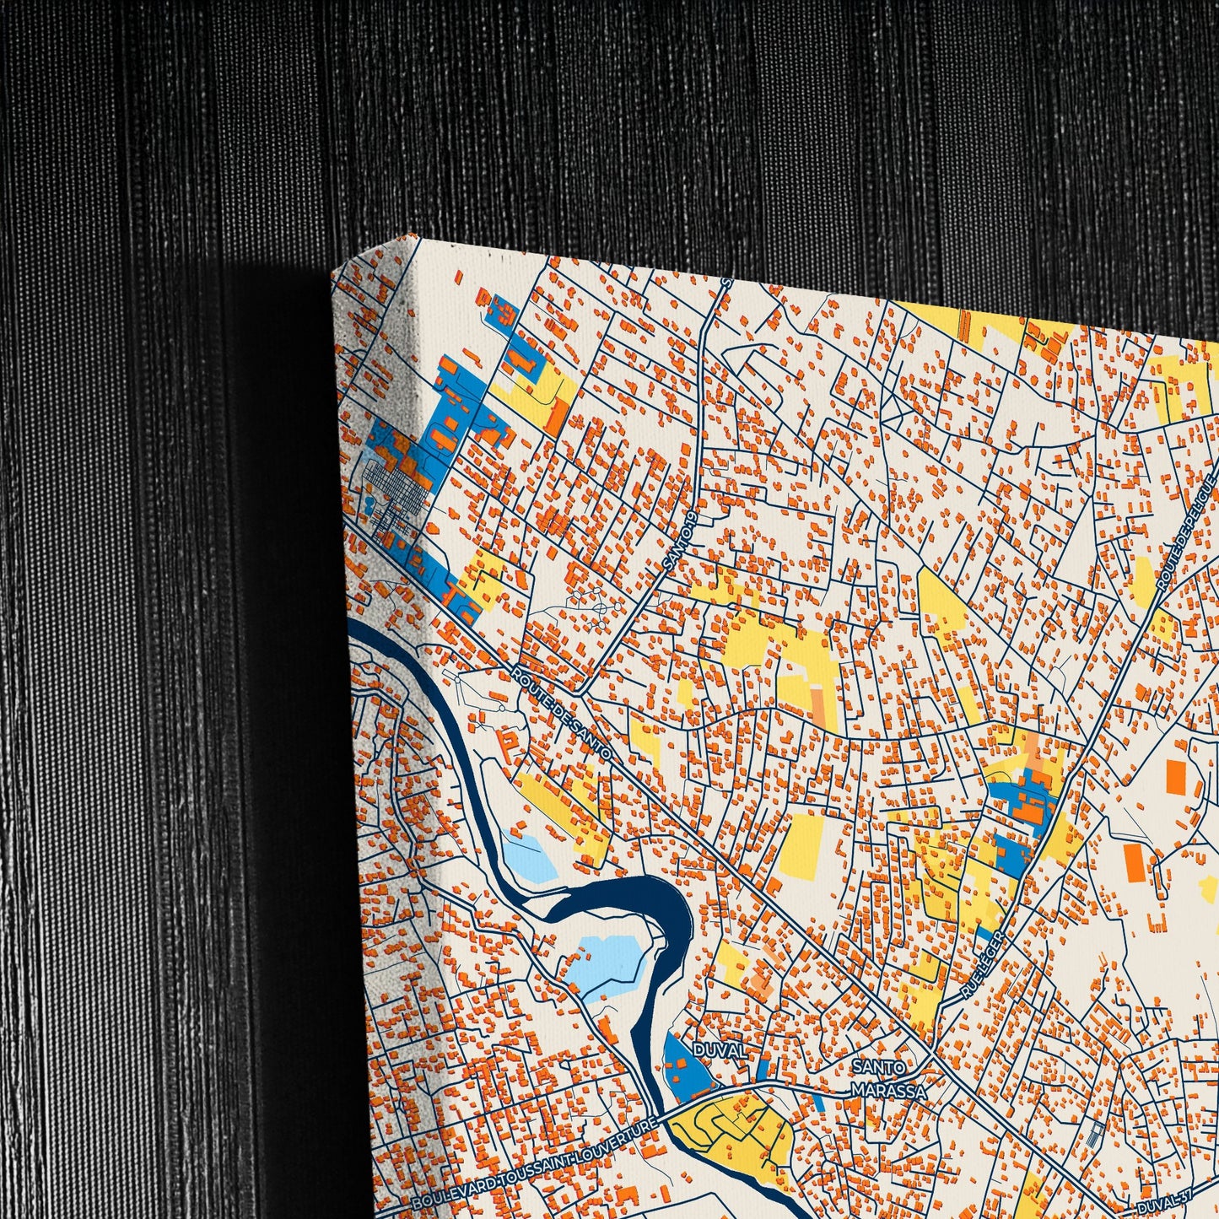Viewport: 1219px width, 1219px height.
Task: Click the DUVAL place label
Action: pyautogui.click(x=719, y=1050)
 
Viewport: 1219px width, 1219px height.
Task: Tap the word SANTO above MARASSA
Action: pyautogui.click(x=877, y=1068)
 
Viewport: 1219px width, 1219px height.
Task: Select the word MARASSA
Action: pyautogui.click(x=889, y=1091)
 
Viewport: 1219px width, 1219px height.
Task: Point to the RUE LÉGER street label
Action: pyautogui.click(x=984, y=965)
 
